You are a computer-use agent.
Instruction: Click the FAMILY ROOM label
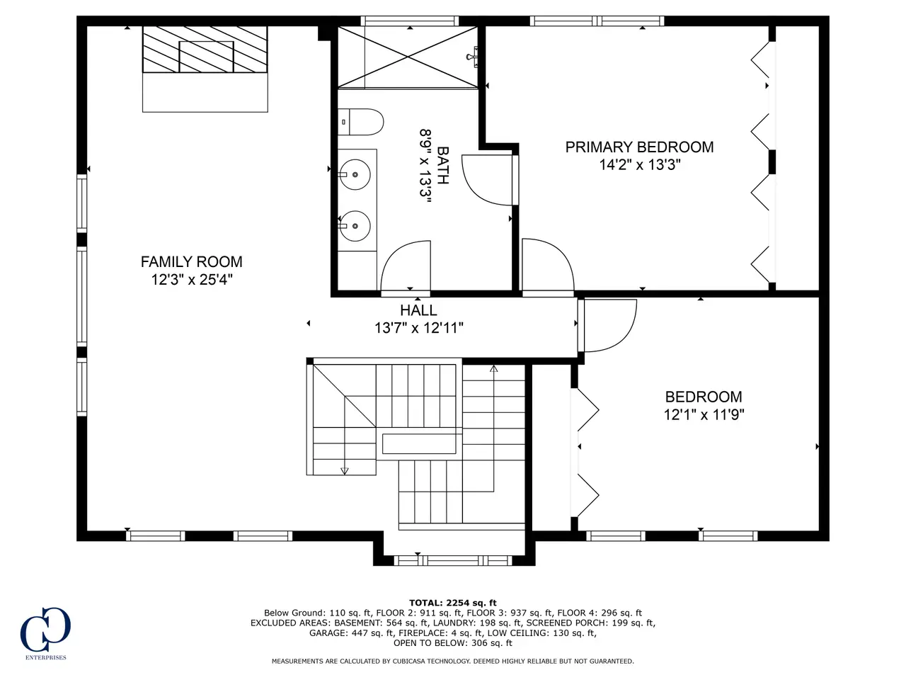pyautogui.click(x=192, y=262)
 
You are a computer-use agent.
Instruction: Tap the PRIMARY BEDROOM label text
pyautogui.click(x=639, y=147)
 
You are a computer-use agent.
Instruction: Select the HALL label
pyautogui.click(x=418, y=310)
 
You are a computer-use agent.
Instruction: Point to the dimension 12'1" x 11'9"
pyautogui.click(x=704, y=414)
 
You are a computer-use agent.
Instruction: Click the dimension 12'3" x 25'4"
pyautogui.click(x=192, y=280)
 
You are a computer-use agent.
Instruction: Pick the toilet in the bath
pyautogui.click(x=361, y=122)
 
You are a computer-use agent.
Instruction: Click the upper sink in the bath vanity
pyautogui.click(x=355, y=175)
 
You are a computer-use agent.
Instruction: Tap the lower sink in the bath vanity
pyautogui.click(x=355, y=226)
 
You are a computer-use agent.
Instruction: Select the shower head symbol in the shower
pyautogui.click(x=473, y=57)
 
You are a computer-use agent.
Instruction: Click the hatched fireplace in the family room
pyautogui.click(x=205, y=50)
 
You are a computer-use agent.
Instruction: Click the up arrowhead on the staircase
pyautogui.click(x=493, y=369)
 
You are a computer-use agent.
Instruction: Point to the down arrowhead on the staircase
pyautogui.click(x=344, y=470)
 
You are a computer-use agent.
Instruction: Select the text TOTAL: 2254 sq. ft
pyautogui.click(x=453, y=603)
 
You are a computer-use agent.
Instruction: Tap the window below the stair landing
pyautogui.click(x=453, y=560)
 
